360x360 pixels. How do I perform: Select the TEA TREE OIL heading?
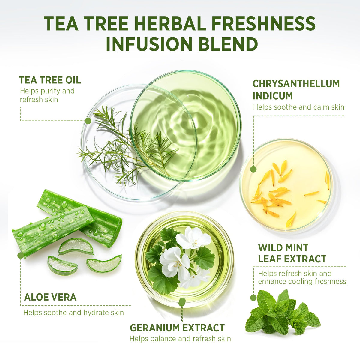(x=50, y=80)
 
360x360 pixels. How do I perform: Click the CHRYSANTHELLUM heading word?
(x=296, y=84)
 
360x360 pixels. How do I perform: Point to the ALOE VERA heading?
(x=50, y=297)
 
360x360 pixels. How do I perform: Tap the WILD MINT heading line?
(x=283, y=248)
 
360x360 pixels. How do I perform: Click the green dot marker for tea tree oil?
(x=88, y=121)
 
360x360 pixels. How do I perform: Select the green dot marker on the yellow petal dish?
(x=253, y=169)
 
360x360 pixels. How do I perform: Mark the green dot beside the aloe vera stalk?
(x=21, y=256)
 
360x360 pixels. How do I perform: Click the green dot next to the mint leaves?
(x=253, y=298)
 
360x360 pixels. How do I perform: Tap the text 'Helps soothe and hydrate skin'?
(x=73, y=313)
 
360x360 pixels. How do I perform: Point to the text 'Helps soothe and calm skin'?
(x=298, y=107)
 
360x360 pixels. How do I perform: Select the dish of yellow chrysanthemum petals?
(x=286, y=185)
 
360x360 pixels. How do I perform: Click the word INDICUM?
(x=273, y=96)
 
